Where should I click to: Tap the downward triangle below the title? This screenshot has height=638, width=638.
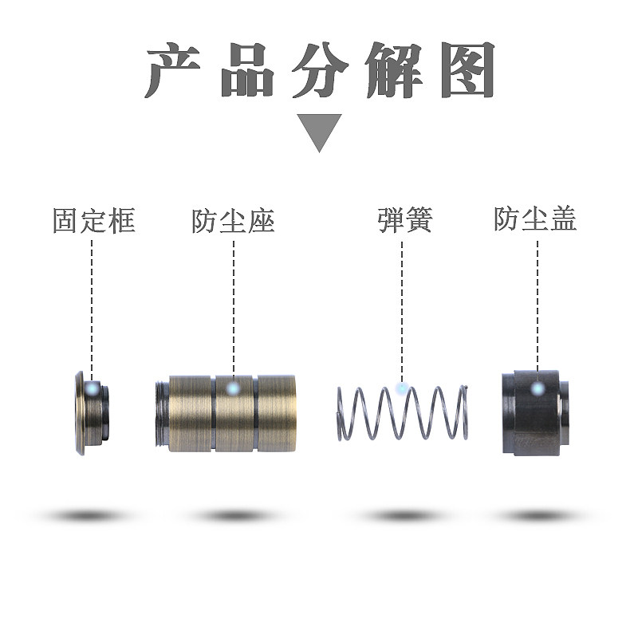(320, 130)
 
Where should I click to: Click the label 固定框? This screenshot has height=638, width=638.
(93, 220)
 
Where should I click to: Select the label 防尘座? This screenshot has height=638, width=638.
(233, 221)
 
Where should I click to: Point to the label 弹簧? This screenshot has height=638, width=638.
(404, 220)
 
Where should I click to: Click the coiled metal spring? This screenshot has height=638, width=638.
(403, 412)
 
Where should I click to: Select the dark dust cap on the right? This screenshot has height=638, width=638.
(534, 412)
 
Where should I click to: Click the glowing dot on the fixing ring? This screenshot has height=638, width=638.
(94, 390)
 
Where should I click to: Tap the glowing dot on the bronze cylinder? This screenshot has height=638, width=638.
(233, 389)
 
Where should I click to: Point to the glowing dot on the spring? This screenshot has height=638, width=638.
(402, 388)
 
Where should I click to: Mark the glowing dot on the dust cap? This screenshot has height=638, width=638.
(538, 389)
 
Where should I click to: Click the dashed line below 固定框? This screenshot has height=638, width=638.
(93, 303)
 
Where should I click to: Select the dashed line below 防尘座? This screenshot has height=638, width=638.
(234, 303)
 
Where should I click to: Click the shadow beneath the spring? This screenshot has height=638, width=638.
(403, 516)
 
